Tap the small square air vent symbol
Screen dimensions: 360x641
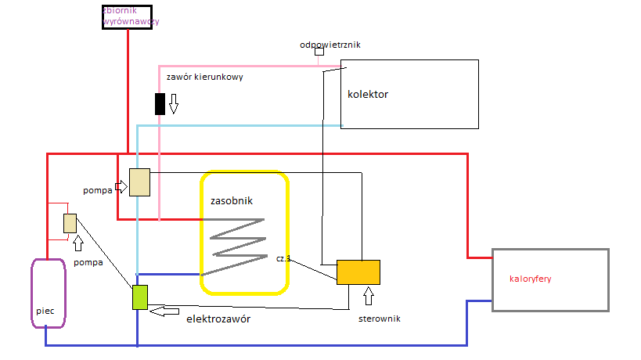click(319, 52)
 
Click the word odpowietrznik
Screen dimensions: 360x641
click(330, 45)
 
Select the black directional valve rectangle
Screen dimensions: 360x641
click(160, 103)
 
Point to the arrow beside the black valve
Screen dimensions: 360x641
click(174, 103)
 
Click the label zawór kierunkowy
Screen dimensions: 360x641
click(205, 77)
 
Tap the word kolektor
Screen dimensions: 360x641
click(368, 95)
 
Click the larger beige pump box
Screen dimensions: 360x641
click(139, 182)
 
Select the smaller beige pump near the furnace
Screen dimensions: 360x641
click(70, 223)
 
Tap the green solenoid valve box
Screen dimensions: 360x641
click(140, 297)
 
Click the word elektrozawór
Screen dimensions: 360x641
click(218, 319)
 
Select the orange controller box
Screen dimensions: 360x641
click(358, 272)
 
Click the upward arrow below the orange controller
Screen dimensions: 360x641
click(369, 296)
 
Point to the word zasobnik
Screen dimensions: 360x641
click(232, 200)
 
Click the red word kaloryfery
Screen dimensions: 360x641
click(531, 278)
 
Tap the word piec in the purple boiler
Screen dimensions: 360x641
click(45, 311)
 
